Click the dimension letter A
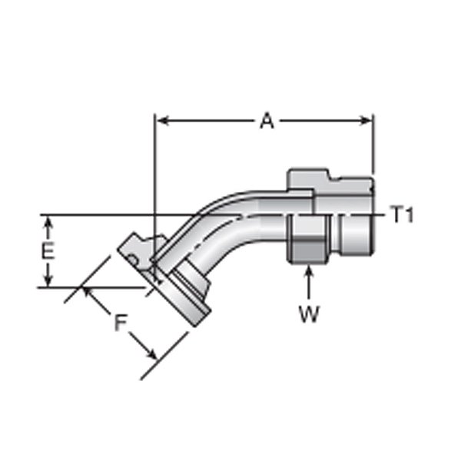point(266,121)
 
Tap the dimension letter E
point(47,252)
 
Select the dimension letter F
point(120,323)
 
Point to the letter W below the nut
point(308,315)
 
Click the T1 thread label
point(402,216)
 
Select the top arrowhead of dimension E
point(48,222)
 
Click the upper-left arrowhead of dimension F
point(87,292)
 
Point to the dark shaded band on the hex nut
point(307,250)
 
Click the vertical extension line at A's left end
point(155,192)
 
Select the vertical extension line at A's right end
point(373,146)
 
